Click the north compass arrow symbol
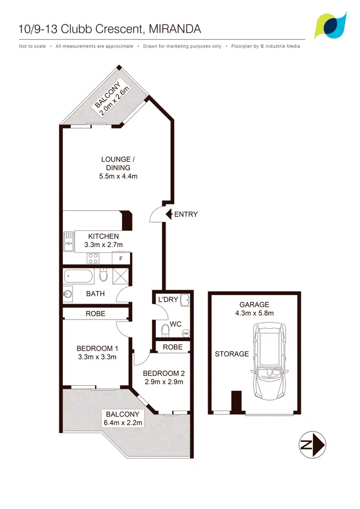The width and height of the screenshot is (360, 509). coord(312,445)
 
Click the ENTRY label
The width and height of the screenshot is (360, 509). coord(186,214)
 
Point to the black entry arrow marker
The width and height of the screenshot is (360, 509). coord(168,214)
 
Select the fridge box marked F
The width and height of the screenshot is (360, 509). coord(121,259)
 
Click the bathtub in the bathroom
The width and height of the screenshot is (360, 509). coord(79,277)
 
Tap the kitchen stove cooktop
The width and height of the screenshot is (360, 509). coord(93,259)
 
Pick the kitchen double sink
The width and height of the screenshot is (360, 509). coord(68,241)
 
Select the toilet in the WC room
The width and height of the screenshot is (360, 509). coord(166,330)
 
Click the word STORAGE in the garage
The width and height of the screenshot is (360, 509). coord(232,354)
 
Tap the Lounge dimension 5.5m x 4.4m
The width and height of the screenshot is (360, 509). coord(116,176)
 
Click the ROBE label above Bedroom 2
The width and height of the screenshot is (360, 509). coord(172,347)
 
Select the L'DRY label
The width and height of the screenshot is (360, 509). coord(168,300)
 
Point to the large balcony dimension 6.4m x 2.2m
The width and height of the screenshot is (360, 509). coord(122,423)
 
